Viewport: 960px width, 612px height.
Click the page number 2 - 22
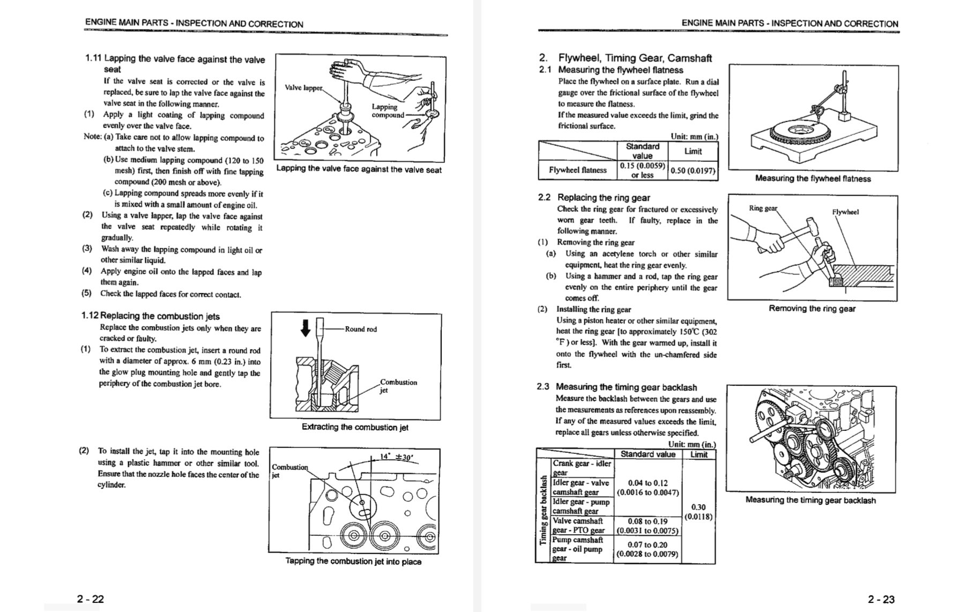tap(90, 599)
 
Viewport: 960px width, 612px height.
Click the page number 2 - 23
tap(881, 599)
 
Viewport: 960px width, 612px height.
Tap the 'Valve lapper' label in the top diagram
tap(303, 87)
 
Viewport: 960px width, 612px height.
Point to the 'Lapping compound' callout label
tap(388, 111)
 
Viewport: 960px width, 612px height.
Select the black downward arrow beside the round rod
tap(305, 327)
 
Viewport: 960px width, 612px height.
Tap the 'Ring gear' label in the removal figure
tap(762, 208)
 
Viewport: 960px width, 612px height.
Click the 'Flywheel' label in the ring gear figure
tap(845, 212)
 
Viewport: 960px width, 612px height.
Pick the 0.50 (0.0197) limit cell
tap(693, 170)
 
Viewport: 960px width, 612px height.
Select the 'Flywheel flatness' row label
tap(577, 170)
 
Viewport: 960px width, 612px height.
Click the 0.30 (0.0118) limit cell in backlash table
tap(698, 512)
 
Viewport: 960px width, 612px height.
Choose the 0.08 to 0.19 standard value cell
tap(648, 526)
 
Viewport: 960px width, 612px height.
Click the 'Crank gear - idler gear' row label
tap(581, 467)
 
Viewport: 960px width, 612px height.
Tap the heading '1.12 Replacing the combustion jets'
tap(151, 316)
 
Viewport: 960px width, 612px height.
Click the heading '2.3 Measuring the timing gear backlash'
tap(617, 387)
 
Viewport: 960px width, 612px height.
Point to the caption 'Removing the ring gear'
tap(812, 309)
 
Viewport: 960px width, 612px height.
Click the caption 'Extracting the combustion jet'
tap(355, 427)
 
